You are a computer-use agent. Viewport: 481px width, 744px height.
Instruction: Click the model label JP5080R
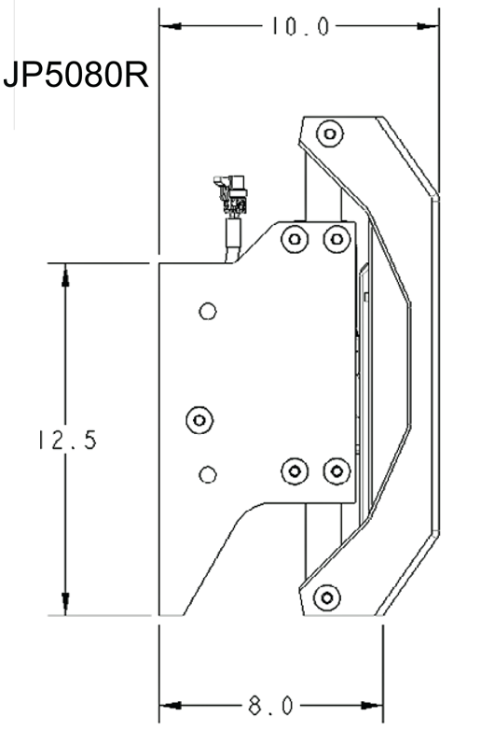76,75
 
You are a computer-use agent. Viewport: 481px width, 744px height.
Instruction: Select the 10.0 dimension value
300,26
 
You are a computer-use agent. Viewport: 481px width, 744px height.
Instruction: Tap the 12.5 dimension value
68,440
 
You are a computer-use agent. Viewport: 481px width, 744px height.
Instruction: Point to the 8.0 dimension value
270,706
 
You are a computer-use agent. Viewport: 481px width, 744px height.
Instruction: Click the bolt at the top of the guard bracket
330,133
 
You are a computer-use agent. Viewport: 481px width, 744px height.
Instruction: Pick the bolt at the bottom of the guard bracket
327,597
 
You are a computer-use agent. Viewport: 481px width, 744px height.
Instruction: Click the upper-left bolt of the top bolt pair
295,239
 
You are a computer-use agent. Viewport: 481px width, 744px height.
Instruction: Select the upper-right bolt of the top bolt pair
337,239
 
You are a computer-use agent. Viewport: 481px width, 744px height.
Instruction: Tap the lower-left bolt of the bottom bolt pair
295,471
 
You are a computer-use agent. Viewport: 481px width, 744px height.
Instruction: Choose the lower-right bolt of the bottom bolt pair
337,471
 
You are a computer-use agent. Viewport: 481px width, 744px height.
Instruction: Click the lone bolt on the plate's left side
199,420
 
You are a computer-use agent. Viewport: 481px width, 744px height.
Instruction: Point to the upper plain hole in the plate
208,311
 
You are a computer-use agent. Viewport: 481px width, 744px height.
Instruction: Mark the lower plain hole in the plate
208,474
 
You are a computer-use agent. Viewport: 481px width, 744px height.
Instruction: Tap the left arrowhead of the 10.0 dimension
171,26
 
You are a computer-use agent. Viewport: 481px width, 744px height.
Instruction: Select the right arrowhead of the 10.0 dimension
428,26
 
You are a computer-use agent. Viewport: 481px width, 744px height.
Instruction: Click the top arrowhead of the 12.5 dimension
65,276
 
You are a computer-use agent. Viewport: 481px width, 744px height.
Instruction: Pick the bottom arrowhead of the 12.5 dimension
65,604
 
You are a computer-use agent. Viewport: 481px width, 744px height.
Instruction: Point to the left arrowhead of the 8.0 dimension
171,706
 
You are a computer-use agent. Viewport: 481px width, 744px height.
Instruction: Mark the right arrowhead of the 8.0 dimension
372,706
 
